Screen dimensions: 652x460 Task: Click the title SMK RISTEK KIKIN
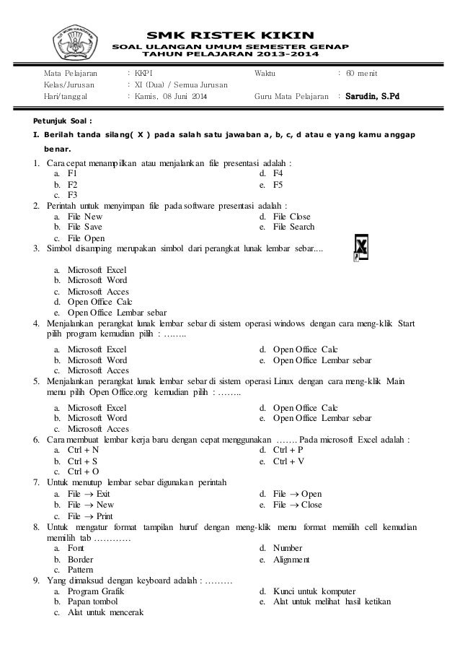[230, 33]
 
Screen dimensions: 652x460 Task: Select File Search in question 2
[294, 227]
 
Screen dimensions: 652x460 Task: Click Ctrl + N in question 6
[83, 450]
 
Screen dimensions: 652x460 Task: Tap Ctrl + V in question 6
[288, 461]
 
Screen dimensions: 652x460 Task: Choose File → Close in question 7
[298, 505]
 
